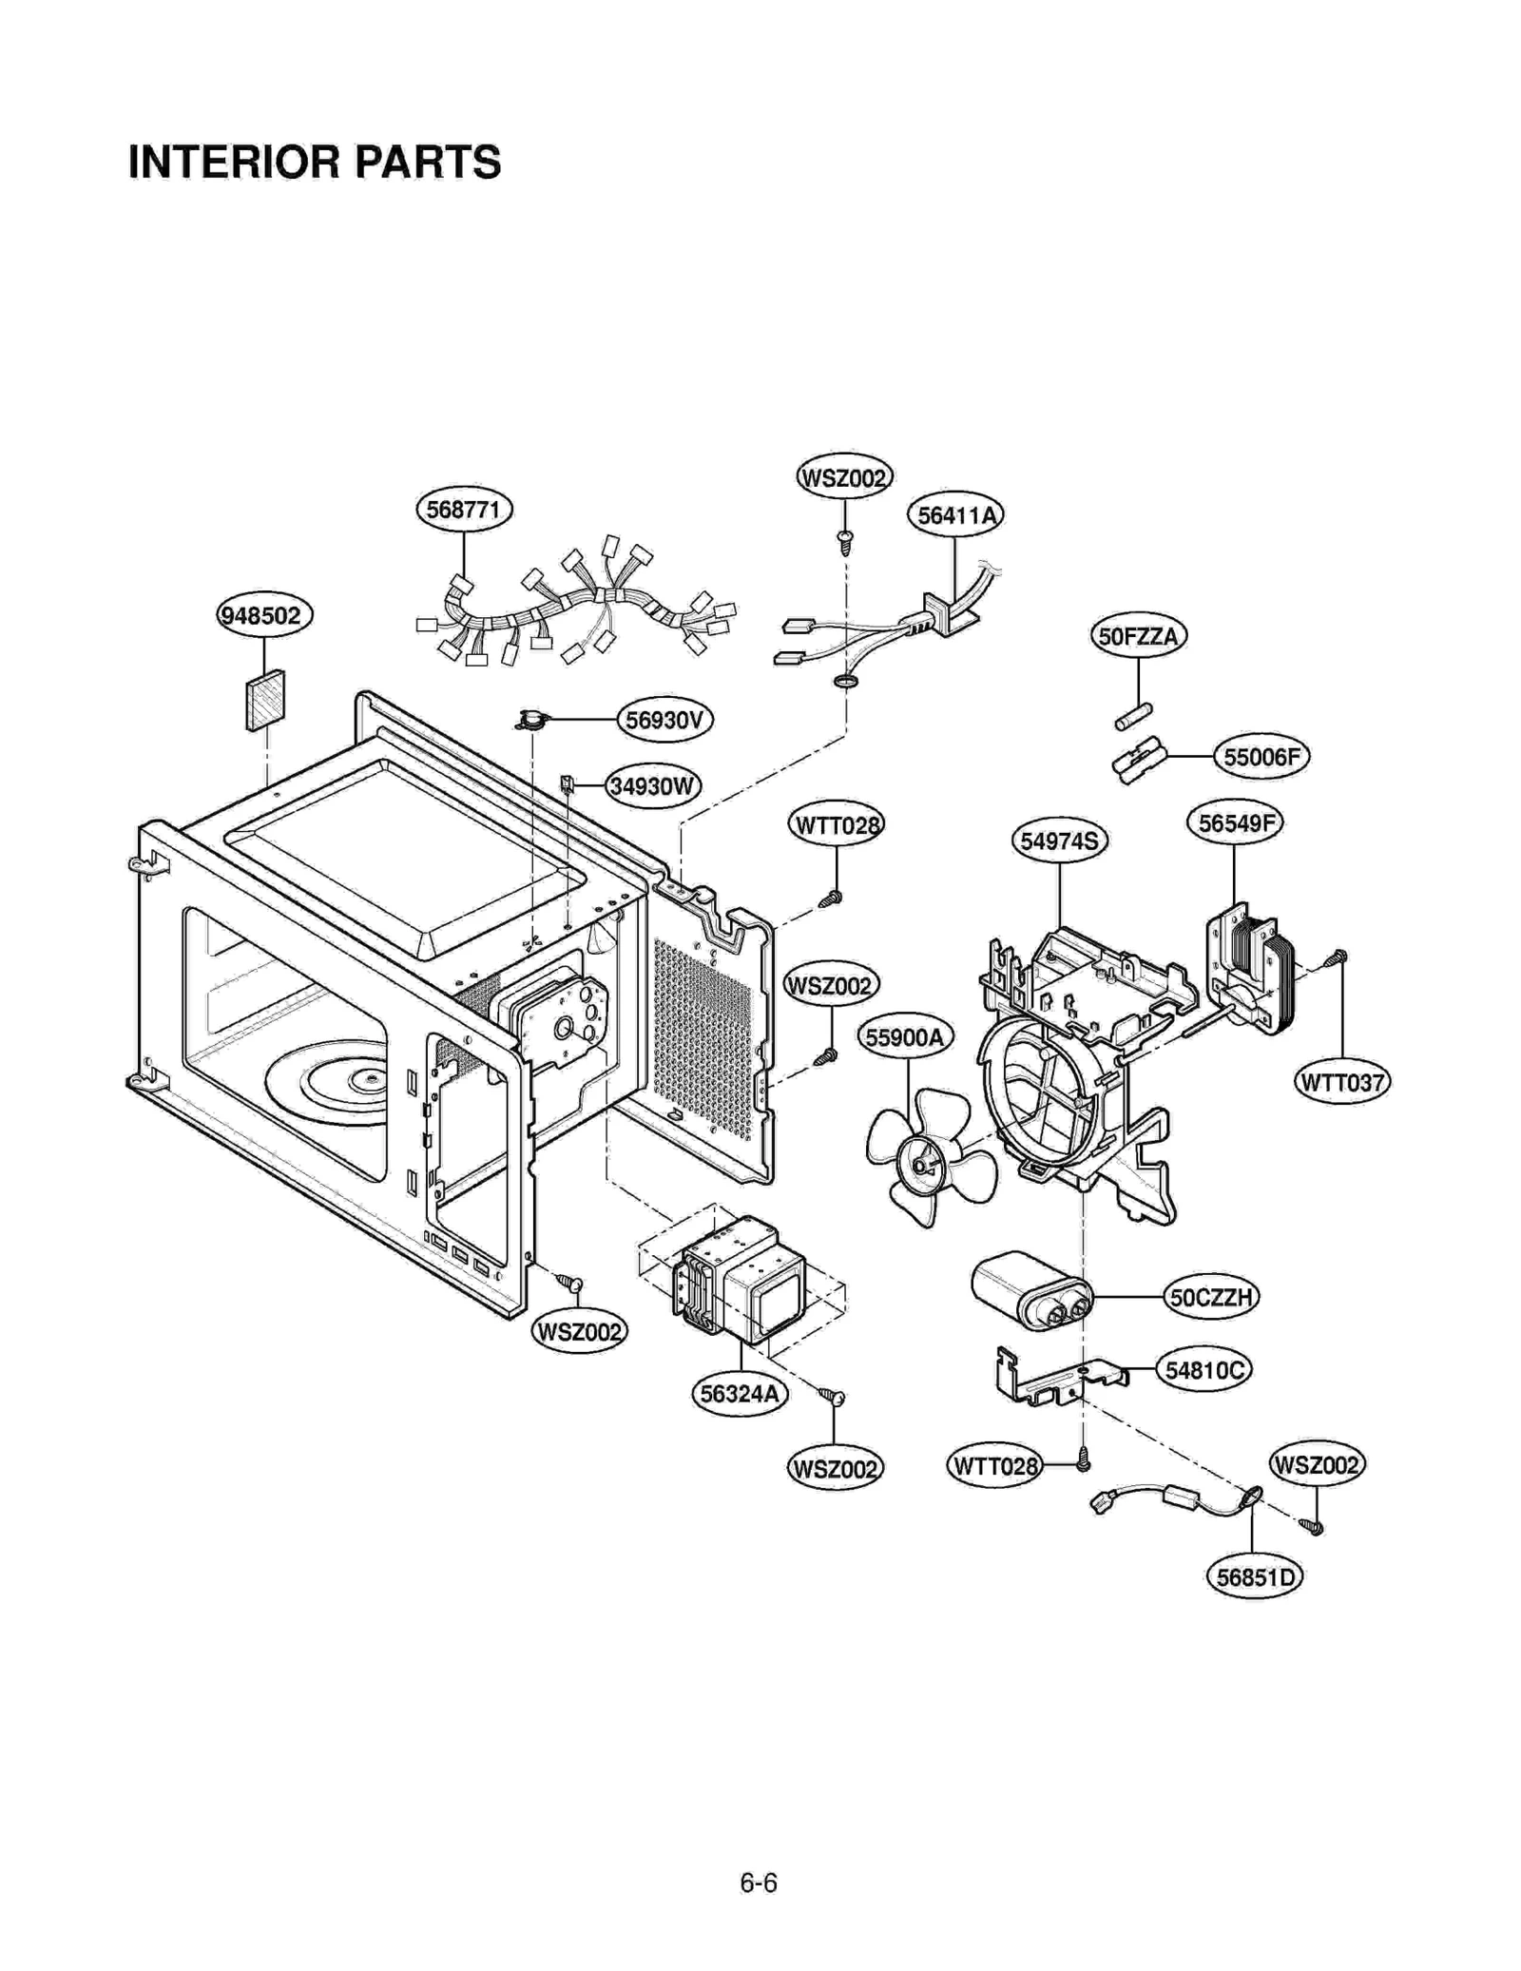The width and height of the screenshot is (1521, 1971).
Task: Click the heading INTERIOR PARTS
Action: coord(315,163)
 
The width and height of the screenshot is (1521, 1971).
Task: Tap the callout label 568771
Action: coord(464,510)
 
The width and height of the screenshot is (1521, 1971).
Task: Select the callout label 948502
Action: coord(264,615)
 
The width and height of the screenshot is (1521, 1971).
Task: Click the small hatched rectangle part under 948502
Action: coord(265,700)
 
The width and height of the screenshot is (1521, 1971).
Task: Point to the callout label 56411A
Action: coord(956,515)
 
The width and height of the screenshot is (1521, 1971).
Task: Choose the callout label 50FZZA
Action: coord(1137,636)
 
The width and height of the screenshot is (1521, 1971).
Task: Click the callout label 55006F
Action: coord(1261,758)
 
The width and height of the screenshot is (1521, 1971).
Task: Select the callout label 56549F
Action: coord(1234,822)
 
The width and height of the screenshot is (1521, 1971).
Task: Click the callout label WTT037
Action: coord(1342,1082)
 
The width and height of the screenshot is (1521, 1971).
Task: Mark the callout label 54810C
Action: coord(1203,1370)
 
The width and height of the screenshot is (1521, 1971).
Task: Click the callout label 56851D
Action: coord(1254,1577)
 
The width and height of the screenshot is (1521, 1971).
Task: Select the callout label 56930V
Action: coord(664,720)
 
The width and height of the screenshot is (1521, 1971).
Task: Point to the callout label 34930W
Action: coord(652,786)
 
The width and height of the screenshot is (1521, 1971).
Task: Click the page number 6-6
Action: coord(759,1883)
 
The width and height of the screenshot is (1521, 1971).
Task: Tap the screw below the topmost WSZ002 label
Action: coord(844,542)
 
